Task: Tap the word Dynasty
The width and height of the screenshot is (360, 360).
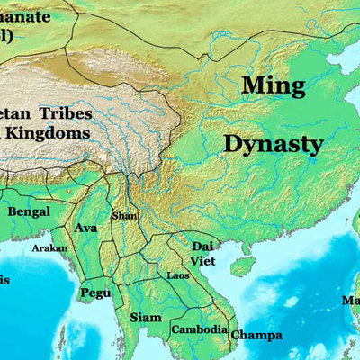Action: tap(273, 143)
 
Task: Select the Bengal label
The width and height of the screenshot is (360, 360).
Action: tap(29, 211)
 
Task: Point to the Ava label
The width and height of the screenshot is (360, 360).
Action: tap(86, 228)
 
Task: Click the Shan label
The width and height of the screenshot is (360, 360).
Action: tap(123, 216)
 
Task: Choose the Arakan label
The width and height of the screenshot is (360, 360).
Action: tap(49, 247)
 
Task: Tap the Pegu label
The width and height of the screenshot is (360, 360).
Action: tap(95, 292)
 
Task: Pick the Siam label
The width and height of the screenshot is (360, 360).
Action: tap(145, 317)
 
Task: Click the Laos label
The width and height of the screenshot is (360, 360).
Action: tap(177, 274)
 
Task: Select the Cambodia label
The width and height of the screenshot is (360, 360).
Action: tap(198, 329)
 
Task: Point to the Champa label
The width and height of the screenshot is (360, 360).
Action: tap(256, 336)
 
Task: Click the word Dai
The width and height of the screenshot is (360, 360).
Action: tap(202, 246)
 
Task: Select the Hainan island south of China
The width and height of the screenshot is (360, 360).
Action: tap(241, 265)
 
